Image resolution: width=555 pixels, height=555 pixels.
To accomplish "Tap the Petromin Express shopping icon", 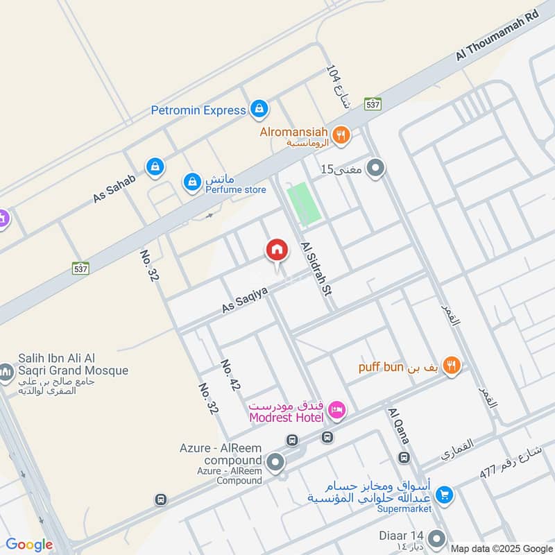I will click(x=259, y=109).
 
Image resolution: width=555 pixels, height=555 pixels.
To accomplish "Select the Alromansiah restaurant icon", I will click(x=340, y=135).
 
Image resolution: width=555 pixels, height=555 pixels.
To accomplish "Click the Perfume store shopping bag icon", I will click(x=191, y=182).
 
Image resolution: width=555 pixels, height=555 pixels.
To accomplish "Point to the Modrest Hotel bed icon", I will click(x=337, y=410).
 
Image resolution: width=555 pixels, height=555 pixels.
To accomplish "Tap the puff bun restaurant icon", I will click(x=452, y=366).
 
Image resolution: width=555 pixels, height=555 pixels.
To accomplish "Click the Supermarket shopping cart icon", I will click(x=445, y=494).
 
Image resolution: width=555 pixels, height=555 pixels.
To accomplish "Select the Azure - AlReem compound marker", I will click(x=275, y=461).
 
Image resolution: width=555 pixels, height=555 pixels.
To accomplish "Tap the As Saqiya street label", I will click(x=244, y=297).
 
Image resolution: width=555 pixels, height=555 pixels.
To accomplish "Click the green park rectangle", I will click(x=305, y=203).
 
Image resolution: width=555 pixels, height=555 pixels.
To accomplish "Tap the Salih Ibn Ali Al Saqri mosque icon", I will click(x=6, y=373).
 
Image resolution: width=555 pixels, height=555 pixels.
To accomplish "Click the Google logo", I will click(x=29, y=545).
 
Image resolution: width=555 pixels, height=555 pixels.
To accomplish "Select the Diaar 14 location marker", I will click(x=436, y=538).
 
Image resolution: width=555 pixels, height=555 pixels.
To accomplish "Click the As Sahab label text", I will click(x=114, y=188).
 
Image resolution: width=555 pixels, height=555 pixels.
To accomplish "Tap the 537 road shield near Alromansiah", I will click(x=373, y=104).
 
